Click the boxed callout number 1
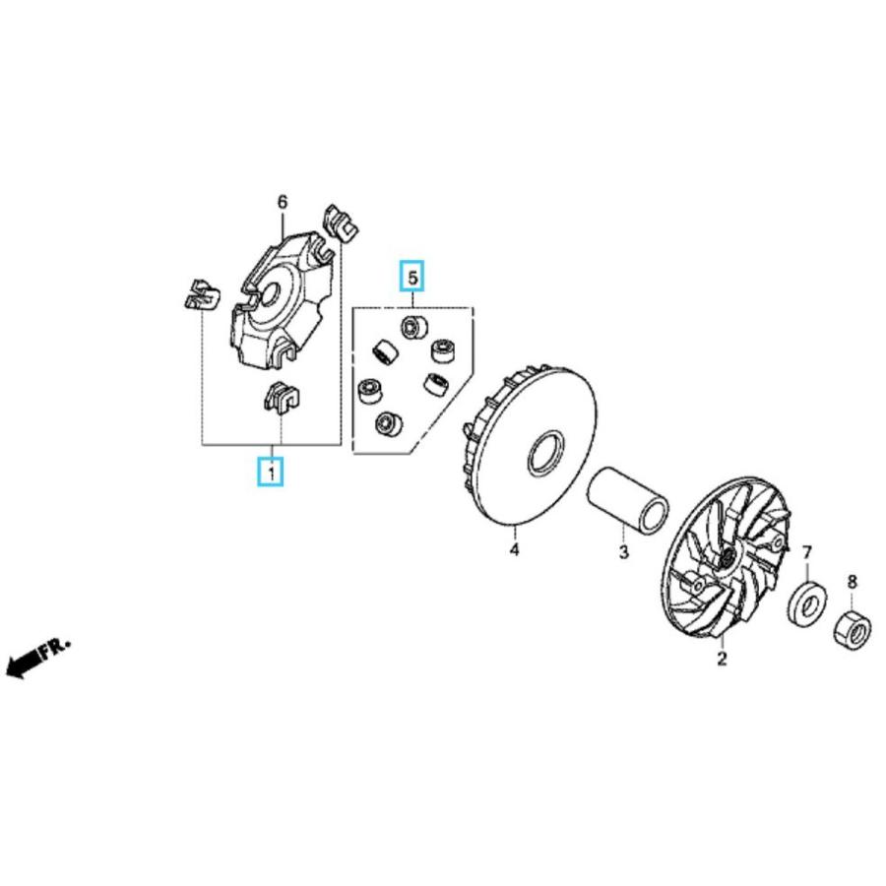pos(271,472)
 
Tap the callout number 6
pos(282,202)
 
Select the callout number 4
pos(514,548)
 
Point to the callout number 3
pos(623,551)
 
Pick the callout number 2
pos(722,659)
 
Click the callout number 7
pos(807,551)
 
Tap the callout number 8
pos(853,581)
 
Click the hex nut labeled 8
pos(853,630)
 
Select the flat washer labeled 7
pos(807,602)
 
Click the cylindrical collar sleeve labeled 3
pos(628,497)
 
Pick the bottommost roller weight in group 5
pos(389,423)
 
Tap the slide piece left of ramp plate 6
pos(202,295)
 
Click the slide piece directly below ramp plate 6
pos(282,398)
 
